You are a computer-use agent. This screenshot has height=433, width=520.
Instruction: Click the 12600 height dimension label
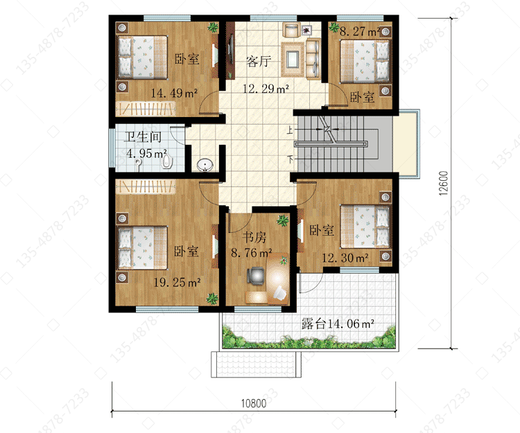[444, 183]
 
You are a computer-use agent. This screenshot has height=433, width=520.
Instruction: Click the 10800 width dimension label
[254, 403]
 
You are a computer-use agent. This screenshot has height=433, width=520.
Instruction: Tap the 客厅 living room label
[259, 61]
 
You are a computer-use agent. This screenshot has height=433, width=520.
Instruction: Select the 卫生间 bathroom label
[143, 136]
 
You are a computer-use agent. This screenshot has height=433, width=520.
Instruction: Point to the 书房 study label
[254, 237]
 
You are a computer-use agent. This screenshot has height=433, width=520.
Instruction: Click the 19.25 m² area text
[177, 282]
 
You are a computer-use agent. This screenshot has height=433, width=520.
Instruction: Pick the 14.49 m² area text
[174, 93]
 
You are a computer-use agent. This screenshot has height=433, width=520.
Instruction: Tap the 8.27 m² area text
[359, 31]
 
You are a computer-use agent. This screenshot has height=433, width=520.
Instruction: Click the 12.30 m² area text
[345, 258]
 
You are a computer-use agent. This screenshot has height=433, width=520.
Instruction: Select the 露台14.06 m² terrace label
[338, 324]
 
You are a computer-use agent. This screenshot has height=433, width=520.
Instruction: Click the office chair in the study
[255, 275]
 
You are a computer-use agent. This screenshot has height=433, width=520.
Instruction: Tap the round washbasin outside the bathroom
[205, 165]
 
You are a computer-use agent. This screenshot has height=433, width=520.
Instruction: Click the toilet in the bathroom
[167, 161]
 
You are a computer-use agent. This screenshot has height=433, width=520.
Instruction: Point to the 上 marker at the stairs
[290, 130]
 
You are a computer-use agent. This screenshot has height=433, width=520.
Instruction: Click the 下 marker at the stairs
[291, 159]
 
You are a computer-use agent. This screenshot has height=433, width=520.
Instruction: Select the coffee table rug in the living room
[293, 60]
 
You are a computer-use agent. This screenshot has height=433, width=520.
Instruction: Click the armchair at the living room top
[291, 30]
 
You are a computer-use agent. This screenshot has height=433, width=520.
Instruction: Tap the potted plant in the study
[283, 220]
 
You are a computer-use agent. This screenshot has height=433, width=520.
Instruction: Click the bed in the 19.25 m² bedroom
[143, 248]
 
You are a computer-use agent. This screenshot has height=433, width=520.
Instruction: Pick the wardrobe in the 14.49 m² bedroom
[146, 108]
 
